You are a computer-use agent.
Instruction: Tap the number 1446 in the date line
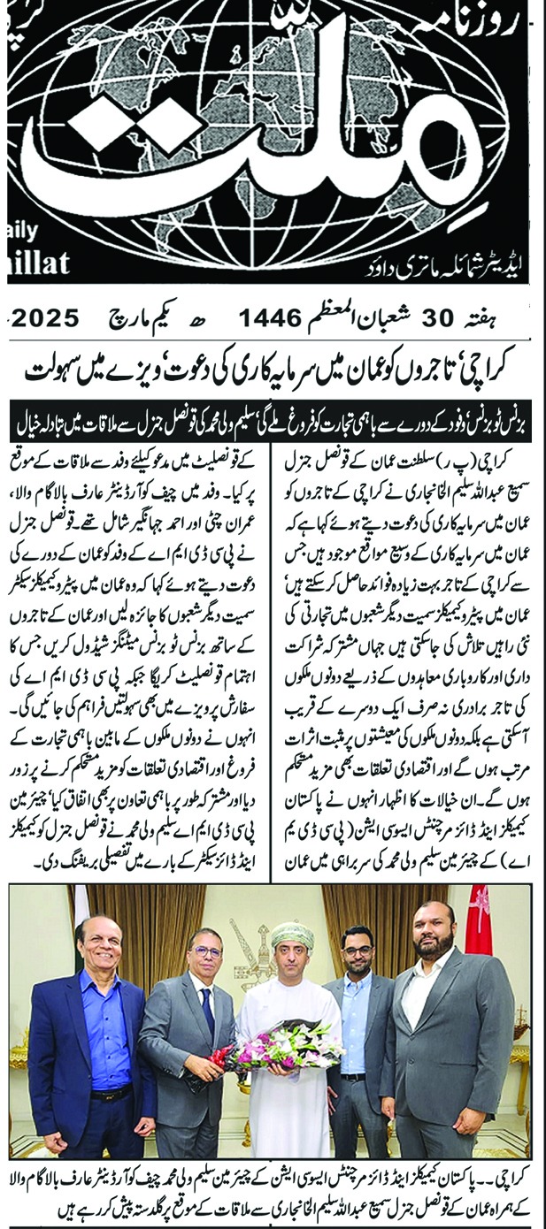(270, 317)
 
